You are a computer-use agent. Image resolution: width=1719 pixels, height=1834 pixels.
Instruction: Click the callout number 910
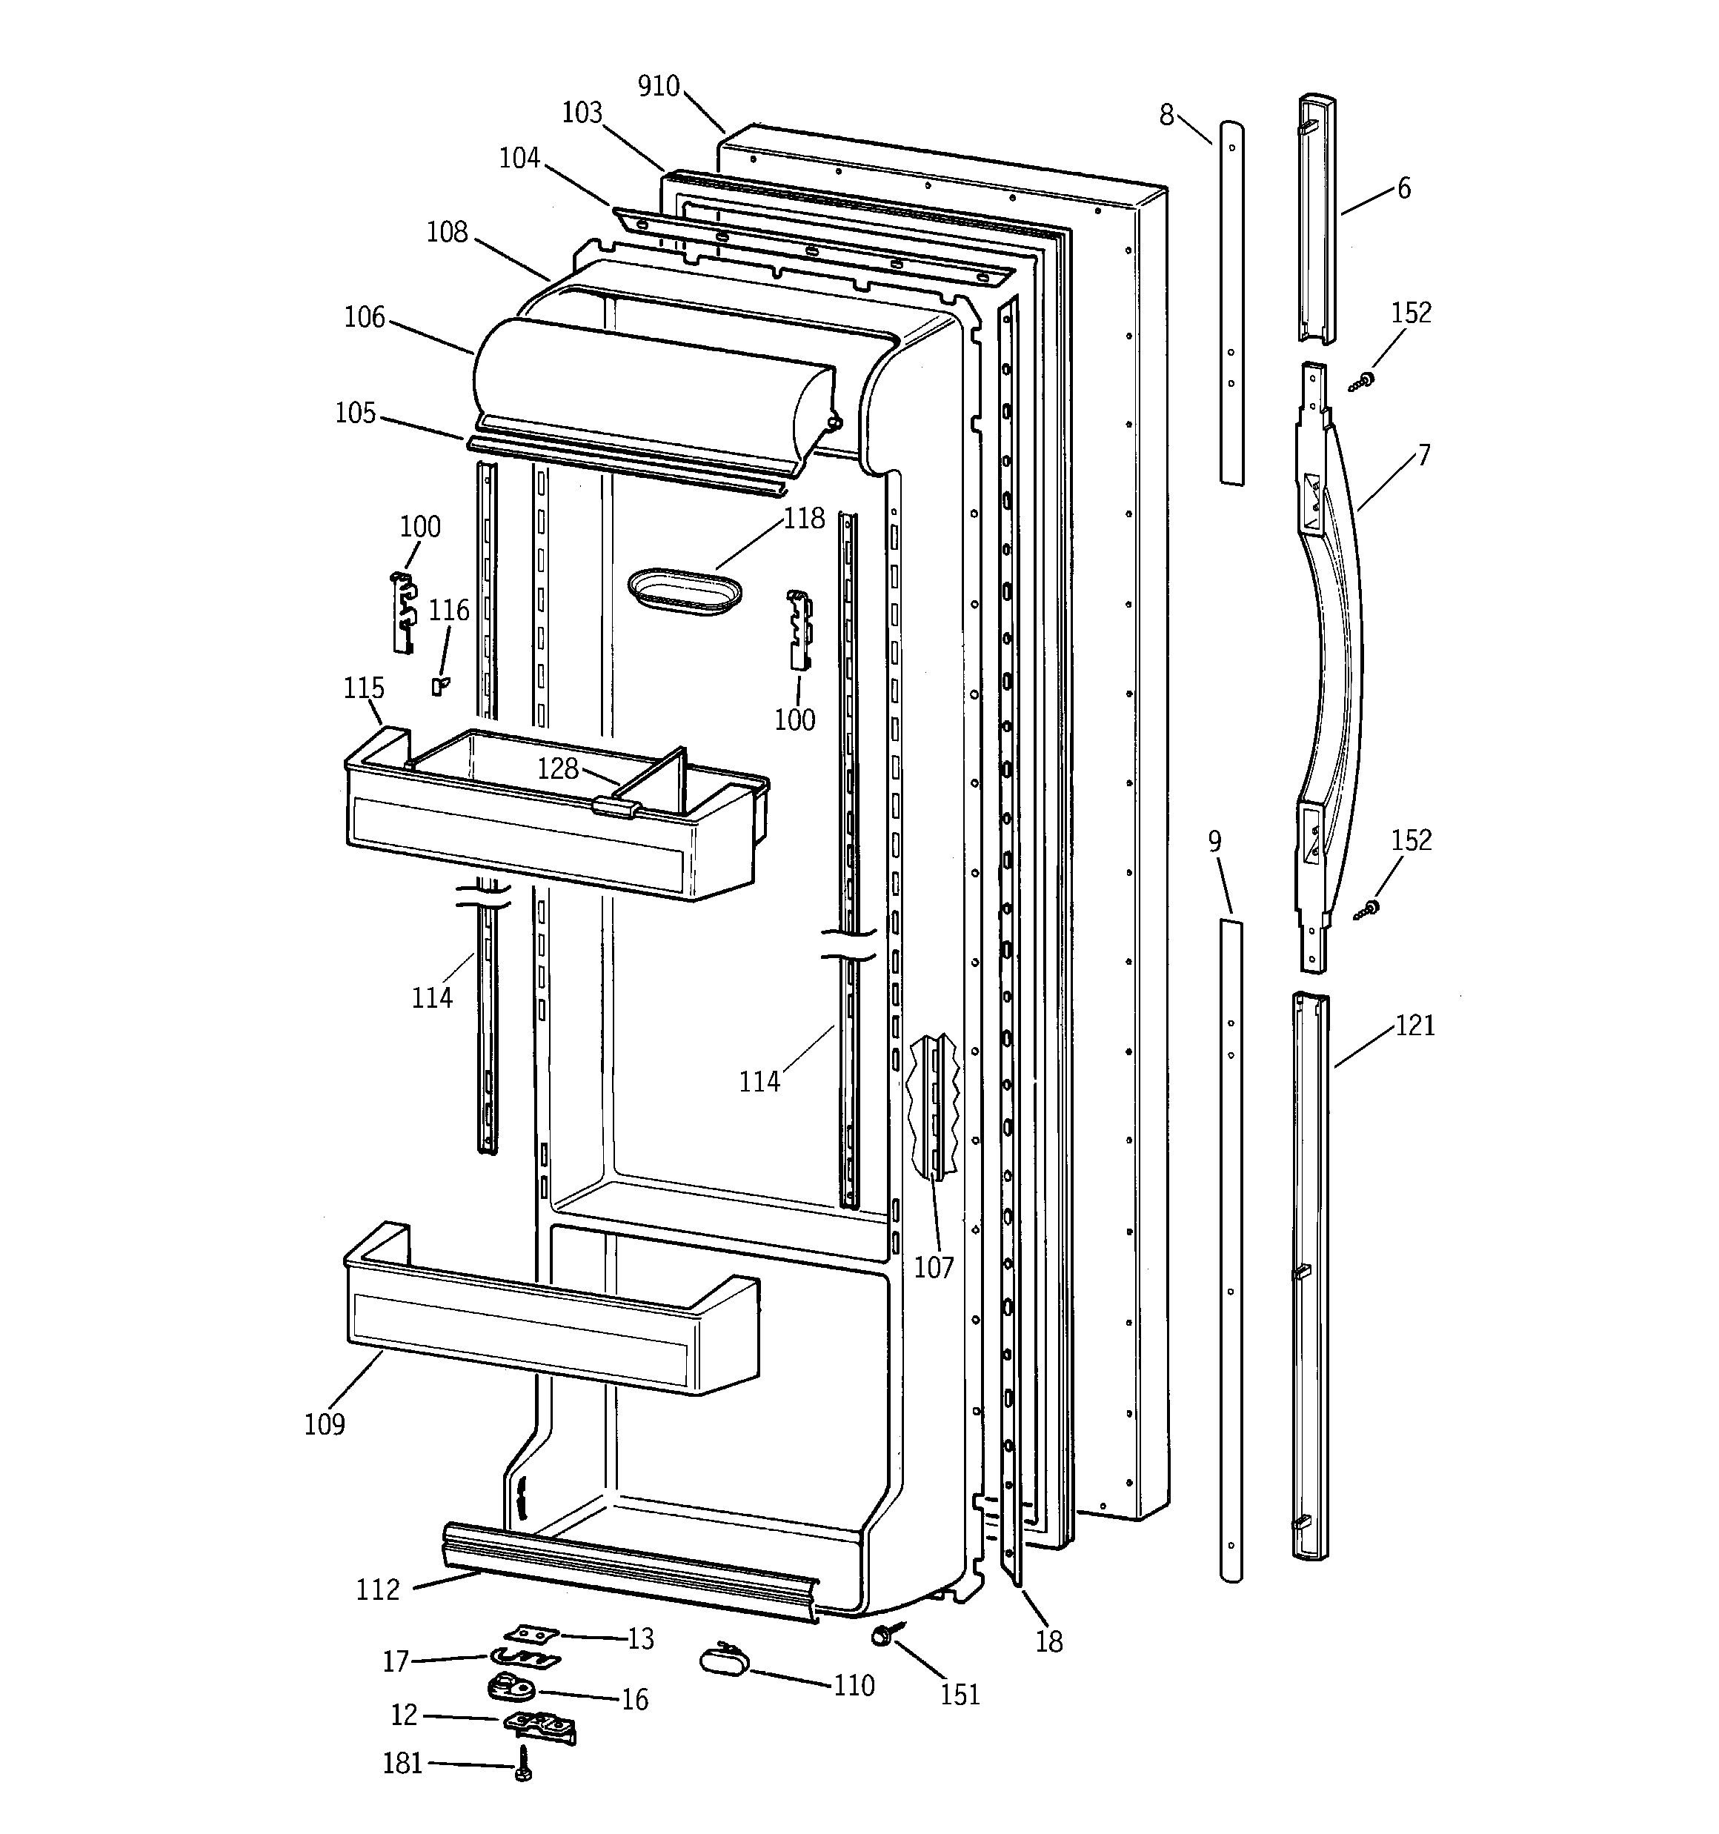point(658,86)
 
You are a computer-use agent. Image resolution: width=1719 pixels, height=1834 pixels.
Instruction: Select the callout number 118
point(804,519)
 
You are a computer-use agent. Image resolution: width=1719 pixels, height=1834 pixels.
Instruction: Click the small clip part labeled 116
point(440,685)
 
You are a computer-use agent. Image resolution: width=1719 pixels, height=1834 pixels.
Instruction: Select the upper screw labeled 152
point(1362,380)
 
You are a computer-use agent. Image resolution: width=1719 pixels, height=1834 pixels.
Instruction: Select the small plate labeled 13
point(531,1634)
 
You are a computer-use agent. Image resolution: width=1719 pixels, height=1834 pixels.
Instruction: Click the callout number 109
point(325,1424)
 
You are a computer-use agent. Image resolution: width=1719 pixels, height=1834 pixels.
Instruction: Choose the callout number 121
point(1414,1026)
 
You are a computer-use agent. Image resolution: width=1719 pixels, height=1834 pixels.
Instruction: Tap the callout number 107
point(933,1268)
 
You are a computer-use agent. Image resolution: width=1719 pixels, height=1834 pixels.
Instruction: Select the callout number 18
point(1049,1641)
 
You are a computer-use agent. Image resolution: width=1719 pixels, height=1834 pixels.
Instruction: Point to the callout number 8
point(1166,116)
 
